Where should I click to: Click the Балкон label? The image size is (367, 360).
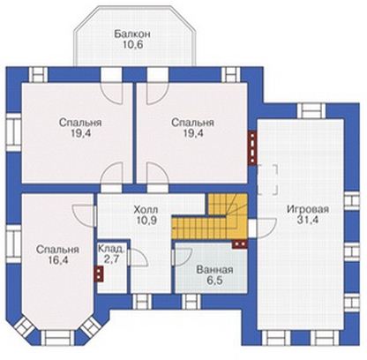(x=132, y=34)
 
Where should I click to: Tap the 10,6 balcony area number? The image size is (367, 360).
(x=132, y=45)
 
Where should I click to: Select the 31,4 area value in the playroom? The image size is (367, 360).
(x=308, y=220)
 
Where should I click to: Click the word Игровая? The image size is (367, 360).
(x=308, y=209)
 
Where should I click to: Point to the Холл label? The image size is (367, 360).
(x=146, y=210)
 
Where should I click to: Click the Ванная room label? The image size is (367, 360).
(x=214, y=270)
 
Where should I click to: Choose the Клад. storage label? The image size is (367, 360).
(x=111, y=249)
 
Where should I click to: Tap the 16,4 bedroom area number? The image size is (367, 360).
(x=57, y=260)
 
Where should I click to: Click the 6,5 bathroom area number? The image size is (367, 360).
(x=214, y=281)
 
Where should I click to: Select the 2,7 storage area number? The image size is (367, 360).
(x=111, y=259)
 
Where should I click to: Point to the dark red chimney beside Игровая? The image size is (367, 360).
(x=252, y=148)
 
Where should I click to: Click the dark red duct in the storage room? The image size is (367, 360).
(x=99, y=274)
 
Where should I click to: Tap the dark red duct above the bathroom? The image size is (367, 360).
(x=240, y=244)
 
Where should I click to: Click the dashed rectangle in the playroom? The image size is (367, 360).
(x=267, y=180)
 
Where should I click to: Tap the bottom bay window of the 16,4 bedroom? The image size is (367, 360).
(x=57, y=337)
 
